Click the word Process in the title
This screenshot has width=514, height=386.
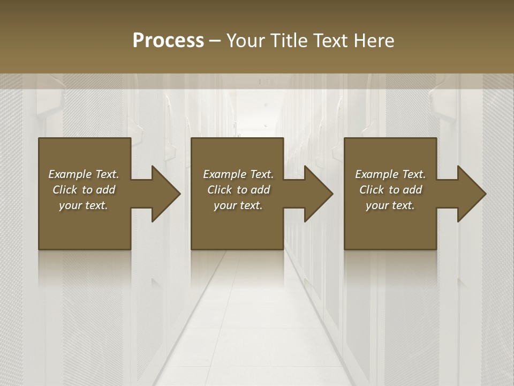[x=168, y=41]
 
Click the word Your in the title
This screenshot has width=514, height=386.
[x=246, y=41]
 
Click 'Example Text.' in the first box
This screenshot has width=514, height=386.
[x=84, y=174]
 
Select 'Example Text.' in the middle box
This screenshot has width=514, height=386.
[x=238, y=174]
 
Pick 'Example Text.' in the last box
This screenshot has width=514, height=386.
[x=390, y=174]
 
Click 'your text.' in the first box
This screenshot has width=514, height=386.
[x=84, y=205]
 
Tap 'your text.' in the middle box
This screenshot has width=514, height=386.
[x=238, y=205]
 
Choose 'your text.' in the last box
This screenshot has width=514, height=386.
[x=390, y=205]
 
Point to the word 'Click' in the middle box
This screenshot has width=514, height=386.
[x=220, y=190]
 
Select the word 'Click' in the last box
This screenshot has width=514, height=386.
[x=372, y=190]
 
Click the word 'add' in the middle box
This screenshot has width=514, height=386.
[x=260, y=190]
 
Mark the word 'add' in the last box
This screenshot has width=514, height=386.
[x=412, y=190]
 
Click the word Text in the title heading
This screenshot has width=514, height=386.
[x=330, y=41]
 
